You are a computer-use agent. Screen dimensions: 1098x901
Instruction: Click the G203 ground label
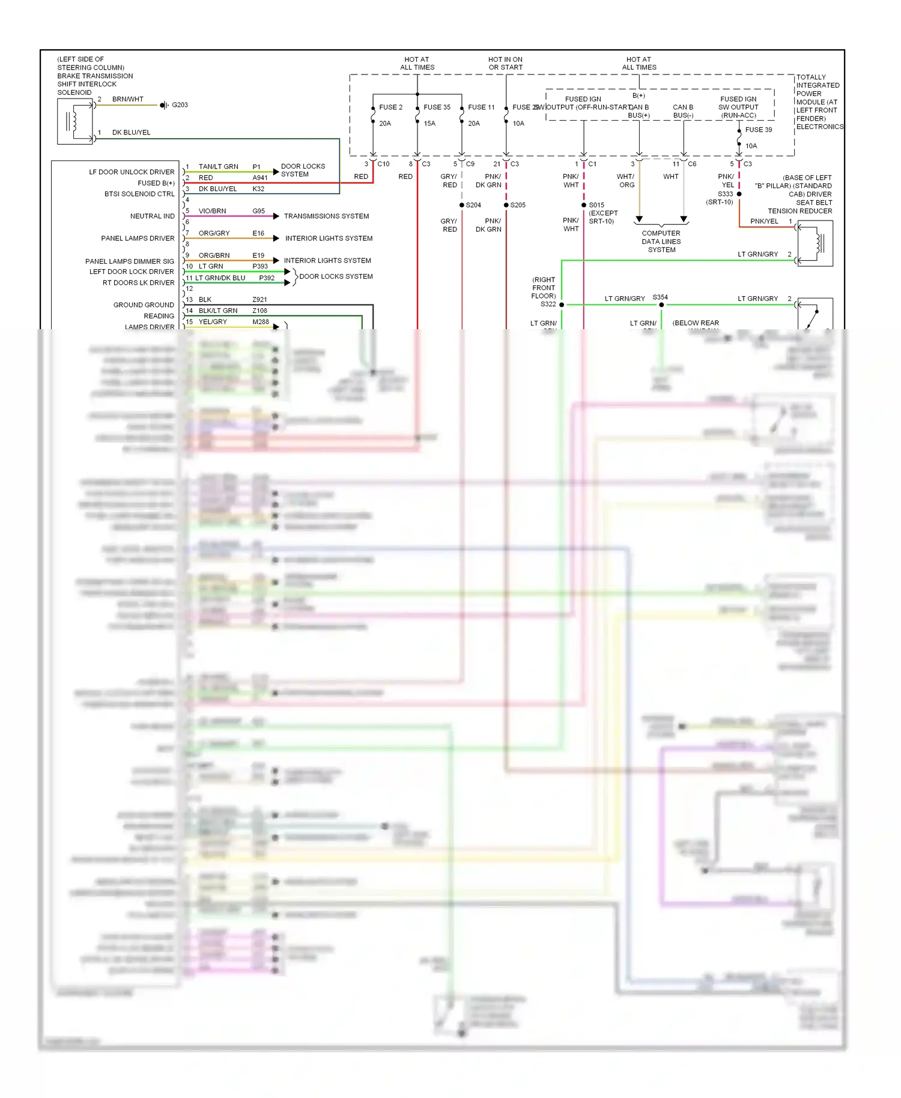pyautogui.click(x=180, y=105)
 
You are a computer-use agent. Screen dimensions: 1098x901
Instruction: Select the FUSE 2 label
pyautogui.click(x=390, y=108)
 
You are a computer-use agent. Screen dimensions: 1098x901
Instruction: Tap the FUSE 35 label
pyautogui.click(x=437, y=108)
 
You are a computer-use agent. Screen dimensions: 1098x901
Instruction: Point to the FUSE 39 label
pyautogui.click(x=759, y=130)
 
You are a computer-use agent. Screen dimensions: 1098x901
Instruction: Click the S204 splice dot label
pyautogui.click(x=473, y=205)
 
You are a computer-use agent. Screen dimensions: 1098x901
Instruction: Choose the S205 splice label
pyautogui.click(x=518, y=205)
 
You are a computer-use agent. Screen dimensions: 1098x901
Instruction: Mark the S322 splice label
pyautogui.click(x=548, y=305)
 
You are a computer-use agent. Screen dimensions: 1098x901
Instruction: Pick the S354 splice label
pyautogui.click(x=660, y=297)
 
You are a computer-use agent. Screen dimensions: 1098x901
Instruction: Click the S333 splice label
pyautogui.click(x=725, y=194)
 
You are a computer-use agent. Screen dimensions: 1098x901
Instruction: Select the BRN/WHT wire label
pyautogui.click(x=127, y=99)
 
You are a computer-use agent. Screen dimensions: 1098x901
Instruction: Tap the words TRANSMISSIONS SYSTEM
pyautogui.click(x=326, y=216)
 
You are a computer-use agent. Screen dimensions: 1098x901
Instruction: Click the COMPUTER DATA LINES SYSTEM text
pyautogui.click(x=661, y=241)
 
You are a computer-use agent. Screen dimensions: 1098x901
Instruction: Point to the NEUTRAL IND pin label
pyautogui.click(x=152, y=216)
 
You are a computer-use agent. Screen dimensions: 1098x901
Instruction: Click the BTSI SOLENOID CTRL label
pyautogui.click(x=139, y=194)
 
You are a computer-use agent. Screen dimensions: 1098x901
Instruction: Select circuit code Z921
pyautogui.click(x=259, y=300)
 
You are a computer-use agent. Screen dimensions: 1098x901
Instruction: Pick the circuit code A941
pyautogui.click(x=259, y=178)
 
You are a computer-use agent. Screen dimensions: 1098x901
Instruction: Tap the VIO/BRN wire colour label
pyautogui.click(x=212, y=211)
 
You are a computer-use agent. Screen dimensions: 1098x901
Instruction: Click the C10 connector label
pyautogui.click(x=383, y=164)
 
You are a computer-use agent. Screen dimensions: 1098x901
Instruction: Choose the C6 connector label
pyautogui.click(x=692, y=164)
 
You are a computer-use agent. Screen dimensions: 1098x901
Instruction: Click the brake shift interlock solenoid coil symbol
pyautogui.click(x=74, y=121)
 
